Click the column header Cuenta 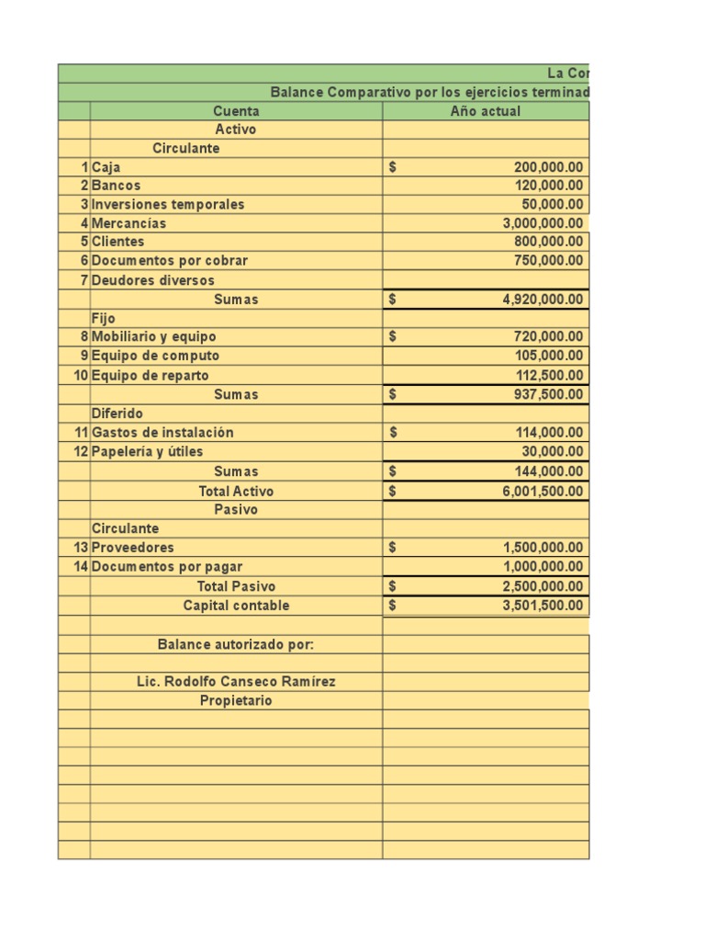pos(236,111)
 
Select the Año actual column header pos(485,111)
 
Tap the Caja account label pos(106,168)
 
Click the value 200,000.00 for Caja pos(548,168)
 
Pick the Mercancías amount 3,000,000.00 pos(543,223)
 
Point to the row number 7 pos(84,280)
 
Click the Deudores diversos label pos(153,280)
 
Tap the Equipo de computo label pos(155,356)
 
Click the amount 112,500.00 pos(549,375)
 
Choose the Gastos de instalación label pos(162,432)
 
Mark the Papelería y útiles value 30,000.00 pos(553,451)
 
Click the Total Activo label pos(236,492)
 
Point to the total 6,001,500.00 pos(543,492)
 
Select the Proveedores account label pos(132,548)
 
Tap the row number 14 pos(81,567)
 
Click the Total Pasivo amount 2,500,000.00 pos(543,586)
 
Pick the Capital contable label pos(236,606)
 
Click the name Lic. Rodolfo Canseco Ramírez pos(236,682)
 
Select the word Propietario pos(236,701)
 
